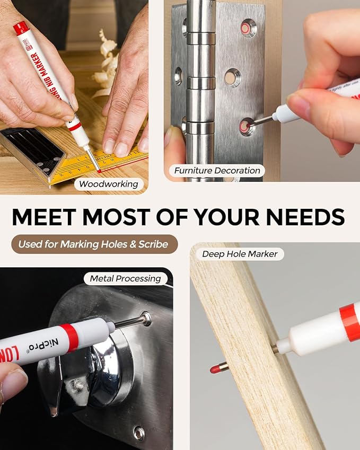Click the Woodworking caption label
[109, 184]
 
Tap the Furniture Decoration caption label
[217, 170]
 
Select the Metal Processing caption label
[125, 278]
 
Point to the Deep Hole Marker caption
[240, 254]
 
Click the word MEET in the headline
[45, 217]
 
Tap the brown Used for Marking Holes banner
[94, 244]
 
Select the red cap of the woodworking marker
[21, 28]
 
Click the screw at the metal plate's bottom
[139, 433]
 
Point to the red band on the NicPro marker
[69, 337]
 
